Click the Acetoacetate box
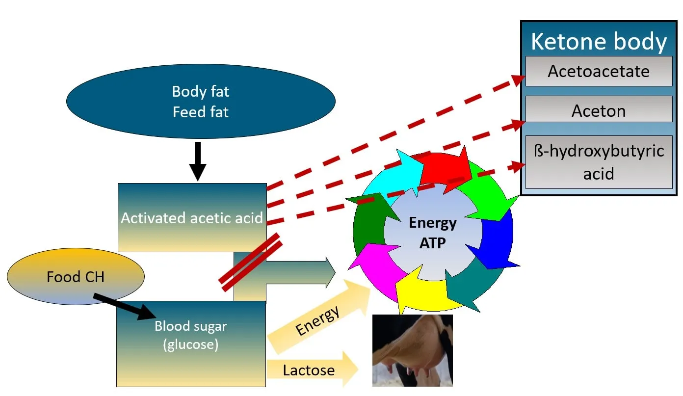coord(599,71)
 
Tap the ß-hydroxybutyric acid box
coord(599,162)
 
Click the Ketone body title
coord(599,42)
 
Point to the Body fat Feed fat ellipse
coord(201,101)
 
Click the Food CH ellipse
coord(76,277)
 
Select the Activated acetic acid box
coord(192,217)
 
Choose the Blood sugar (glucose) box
coord(191,343)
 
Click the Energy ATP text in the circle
coord(432,233)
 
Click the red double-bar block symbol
coord(251,262)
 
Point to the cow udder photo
coord(412,350)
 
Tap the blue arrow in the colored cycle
coord(496,240)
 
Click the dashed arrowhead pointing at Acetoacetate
coord(518,79)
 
